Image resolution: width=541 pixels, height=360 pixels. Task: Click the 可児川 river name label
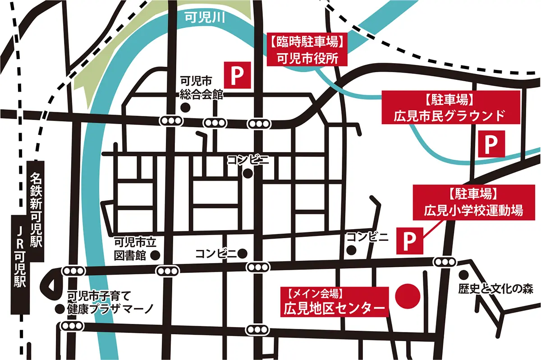pos(205,18)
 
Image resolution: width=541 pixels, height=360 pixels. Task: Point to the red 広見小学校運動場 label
pos(473,203)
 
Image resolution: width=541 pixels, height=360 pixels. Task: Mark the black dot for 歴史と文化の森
pos(463,274)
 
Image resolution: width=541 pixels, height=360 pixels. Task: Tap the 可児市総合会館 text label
pos(198,88)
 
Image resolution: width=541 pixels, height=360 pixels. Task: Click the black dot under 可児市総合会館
pos(184,107)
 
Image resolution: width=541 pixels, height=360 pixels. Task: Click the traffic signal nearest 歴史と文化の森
pos(445,263)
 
